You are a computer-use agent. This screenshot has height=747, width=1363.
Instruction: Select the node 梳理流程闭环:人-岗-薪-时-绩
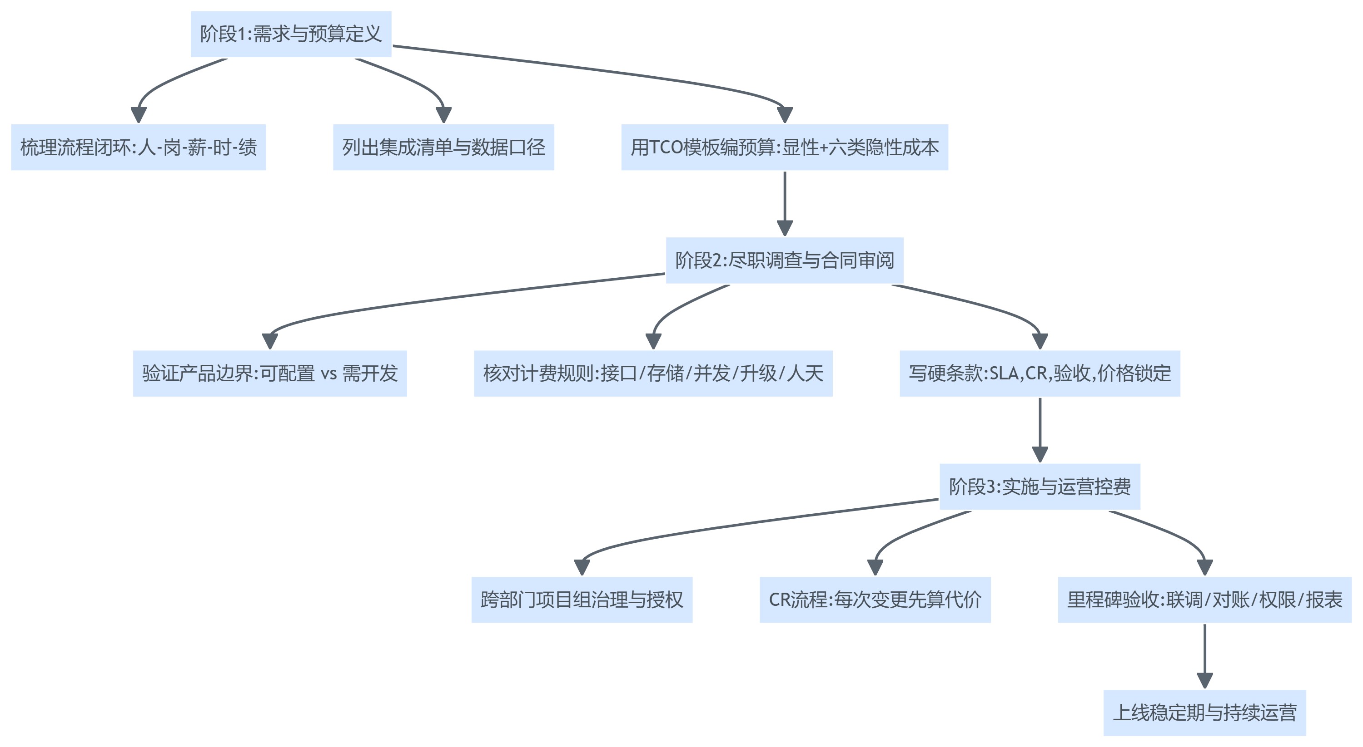click(138, 147)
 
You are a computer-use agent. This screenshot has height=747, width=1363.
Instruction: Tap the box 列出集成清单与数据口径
click(443, 147)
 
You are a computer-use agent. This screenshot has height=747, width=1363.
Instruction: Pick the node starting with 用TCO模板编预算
click(784, 147)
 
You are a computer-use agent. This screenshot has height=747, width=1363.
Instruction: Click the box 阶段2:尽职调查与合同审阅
click(784, 260)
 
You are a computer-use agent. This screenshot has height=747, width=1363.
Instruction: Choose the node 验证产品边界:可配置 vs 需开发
click(270, 373)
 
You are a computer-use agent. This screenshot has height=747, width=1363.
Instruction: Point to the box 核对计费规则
click(653, 373)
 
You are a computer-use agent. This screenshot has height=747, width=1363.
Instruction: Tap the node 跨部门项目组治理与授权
click(582, 600)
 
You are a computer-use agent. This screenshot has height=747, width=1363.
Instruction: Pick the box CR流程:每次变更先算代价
click(875, 600)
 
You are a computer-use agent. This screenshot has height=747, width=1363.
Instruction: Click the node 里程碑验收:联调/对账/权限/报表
click(1204, 600)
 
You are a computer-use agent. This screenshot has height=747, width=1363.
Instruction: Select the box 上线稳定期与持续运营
click(1204, 713)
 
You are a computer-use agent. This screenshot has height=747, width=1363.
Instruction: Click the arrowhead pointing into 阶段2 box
click(784, 228)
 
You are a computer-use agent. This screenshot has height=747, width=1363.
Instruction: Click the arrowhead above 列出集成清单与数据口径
click(443, 115)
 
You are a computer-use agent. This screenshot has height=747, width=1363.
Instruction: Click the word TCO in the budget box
click(666, 147)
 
